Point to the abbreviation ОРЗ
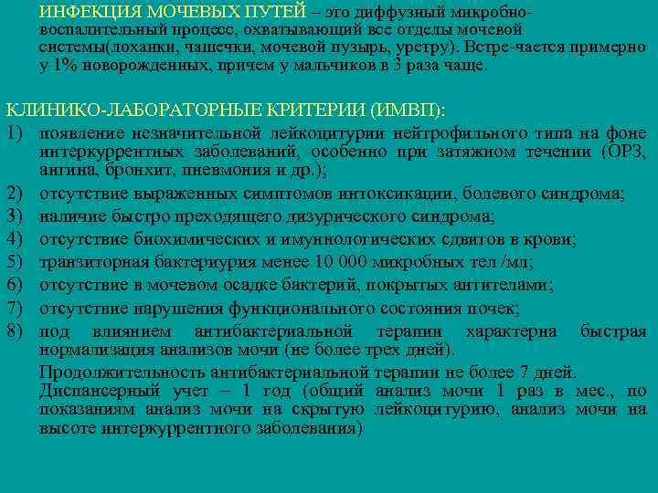[626, 152]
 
